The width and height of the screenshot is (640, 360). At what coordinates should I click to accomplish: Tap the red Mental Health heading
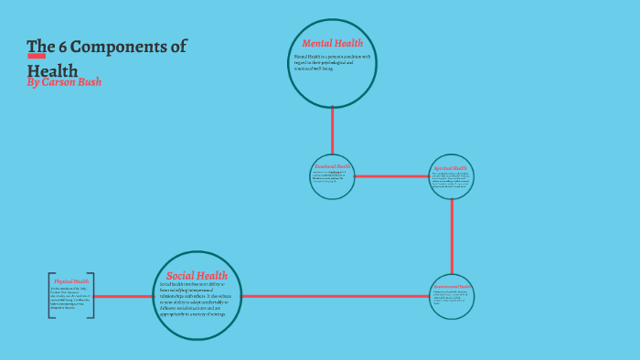[332, 43]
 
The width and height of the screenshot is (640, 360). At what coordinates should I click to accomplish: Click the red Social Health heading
[197, 275]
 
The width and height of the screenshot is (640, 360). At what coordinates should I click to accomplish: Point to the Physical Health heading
[71, 282]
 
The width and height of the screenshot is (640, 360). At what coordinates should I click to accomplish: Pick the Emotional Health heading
[332, 166]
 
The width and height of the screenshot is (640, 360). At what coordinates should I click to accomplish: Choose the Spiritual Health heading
[451, 168]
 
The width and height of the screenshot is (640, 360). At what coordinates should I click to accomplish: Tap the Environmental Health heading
[452, 287]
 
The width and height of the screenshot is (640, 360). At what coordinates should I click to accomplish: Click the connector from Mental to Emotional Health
[332, 131]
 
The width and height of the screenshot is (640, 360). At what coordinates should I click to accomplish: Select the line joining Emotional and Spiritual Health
[391, 176]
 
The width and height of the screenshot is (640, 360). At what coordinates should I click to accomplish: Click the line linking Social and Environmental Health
[335, 296]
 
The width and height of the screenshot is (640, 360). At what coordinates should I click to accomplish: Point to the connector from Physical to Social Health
[123, 296]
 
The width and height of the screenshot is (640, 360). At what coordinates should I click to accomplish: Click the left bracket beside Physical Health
[49, 296]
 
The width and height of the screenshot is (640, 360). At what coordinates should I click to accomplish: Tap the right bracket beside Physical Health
[92, 296]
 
